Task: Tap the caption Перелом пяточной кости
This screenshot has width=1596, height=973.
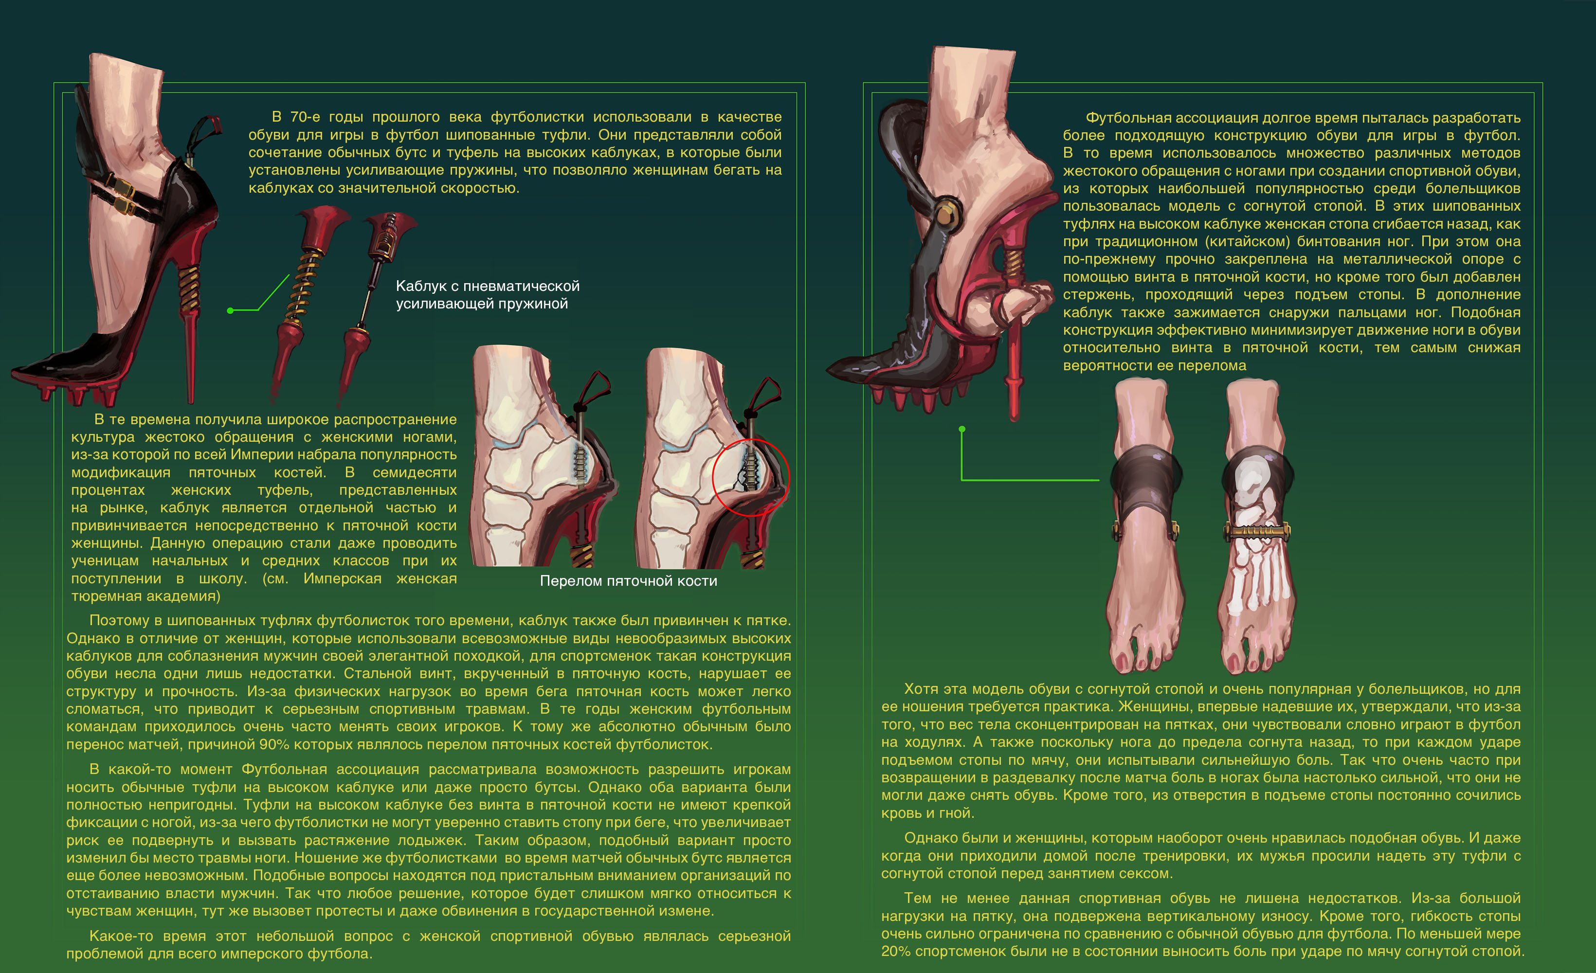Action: point(628,581)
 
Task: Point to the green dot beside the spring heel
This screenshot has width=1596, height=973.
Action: point(230,311)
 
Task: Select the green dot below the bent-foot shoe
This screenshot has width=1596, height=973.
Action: point(962,429)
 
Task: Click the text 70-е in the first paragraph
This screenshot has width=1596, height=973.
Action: point(305,117)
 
